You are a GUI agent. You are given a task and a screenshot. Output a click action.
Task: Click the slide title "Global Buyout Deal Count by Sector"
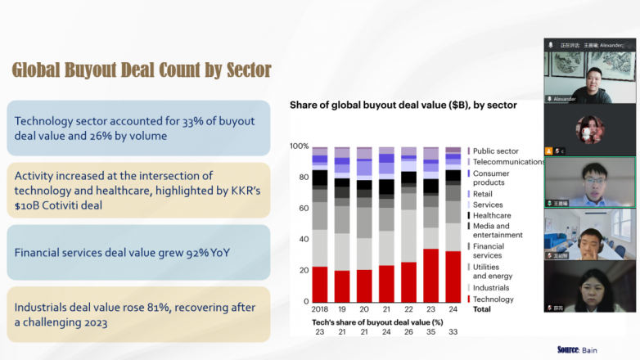click(142, 70)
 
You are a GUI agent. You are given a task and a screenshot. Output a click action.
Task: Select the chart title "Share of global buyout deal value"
click(403, 105)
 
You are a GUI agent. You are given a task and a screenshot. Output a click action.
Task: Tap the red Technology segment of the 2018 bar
click(320, 283)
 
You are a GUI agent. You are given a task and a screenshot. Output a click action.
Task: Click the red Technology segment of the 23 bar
click(430, 275)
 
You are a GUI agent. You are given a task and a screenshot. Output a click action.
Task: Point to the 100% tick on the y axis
click(299, 146)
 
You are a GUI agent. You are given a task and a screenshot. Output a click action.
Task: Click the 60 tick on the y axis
click(303, 209)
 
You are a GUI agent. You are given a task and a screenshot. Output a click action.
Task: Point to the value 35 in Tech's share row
click(430, 332)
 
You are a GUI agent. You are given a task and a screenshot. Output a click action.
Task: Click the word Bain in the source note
click(590, 350)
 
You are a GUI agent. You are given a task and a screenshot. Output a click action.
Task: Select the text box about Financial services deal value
click(138, 252)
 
